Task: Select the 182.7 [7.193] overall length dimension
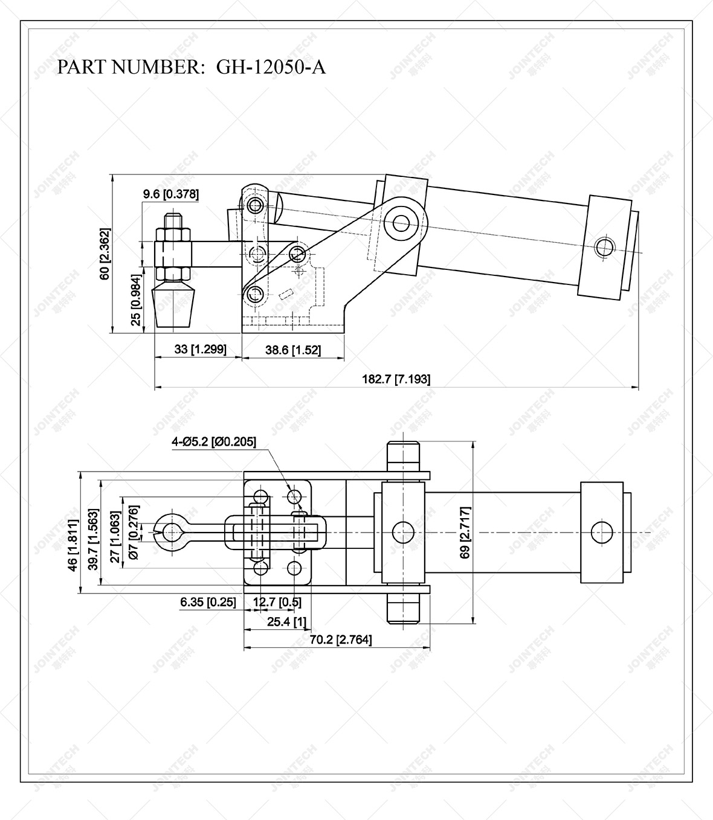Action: point(396,379)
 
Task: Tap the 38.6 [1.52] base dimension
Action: point(293,350)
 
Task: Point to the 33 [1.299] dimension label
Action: point(200,350)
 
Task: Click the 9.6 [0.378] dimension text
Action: point(170,194)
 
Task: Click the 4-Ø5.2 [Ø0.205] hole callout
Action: point(214,442)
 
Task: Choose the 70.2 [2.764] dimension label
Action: point(341,639)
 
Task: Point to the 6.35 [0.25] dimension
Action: point(207,602)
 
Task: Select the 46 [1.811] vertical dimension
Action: point(73,545)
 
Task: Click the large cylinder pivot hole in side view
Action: point(401,223)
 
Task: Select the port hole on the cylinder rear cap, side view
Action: point(603,247)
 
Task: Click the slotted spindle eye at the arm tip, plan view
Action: point(172,532)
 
